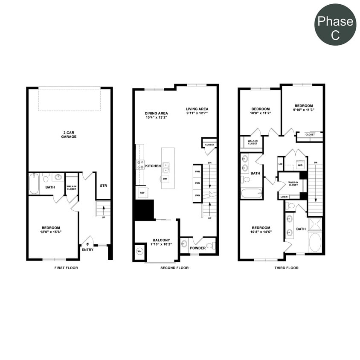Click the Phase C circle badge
coord(335,25)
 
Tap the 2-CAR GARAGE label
coord(69,134)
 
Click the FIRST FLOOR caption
coord(66,268)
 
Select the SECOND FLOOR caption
coord(174,268)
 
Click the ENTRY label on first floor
coord(87,250)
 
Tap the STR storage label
coord(103,186)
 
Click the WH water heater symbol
coord(139,252)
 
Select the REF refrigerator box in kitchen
coord(141,192)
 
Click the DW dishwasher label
coord(165,178)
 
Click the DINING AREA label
coord(156,113)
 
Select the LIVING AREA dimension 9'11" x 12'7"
coord(197,113)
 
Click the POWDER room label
coord(197,248)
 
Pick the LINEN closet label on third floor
coord(284,197)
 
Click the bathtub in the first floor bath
coord(34,184)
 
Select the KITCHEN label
coord(153,166)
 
